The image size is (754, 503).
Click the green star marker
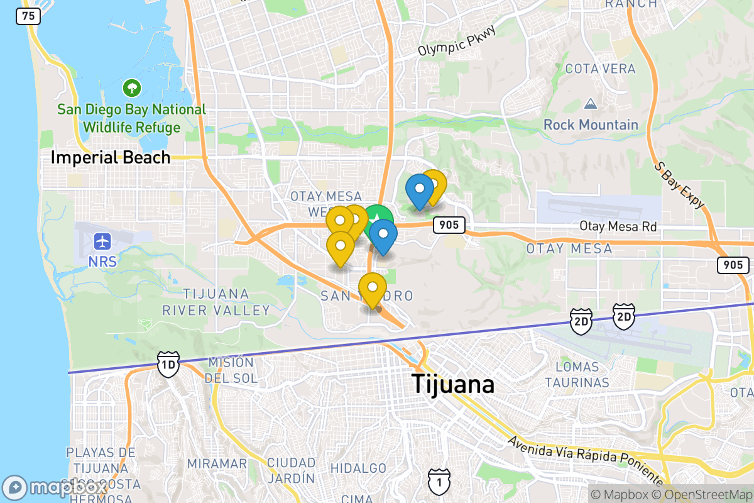(x=378, y=219)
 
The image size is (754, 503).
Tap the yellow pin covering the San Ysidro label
(x=373, y=288)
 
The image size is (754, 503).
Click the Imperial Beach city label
(x=111, y=157)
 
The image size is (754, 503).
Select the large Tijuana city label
(x=452, y=384)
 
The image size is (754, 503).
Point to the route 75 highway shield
(x=28, y=16)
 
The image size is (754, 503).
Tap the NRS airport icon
(x=102, y=241)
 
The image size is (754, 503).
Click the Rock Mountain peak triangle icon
(x=590, y=103)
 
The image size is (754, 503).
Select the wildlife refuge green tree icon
(x=132, y=87)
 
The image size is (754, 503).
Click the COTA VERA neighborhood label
(x=600, y=69)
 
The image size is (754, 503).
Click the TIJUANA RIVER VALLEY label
(x=217, y=302)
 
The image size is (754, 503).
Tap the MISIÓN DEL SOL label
(x=231, y=370)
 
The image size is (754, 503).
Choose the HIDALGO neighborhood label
(x=358, y=468)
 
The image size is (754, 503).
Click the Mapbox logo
(x=57, y=487)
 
